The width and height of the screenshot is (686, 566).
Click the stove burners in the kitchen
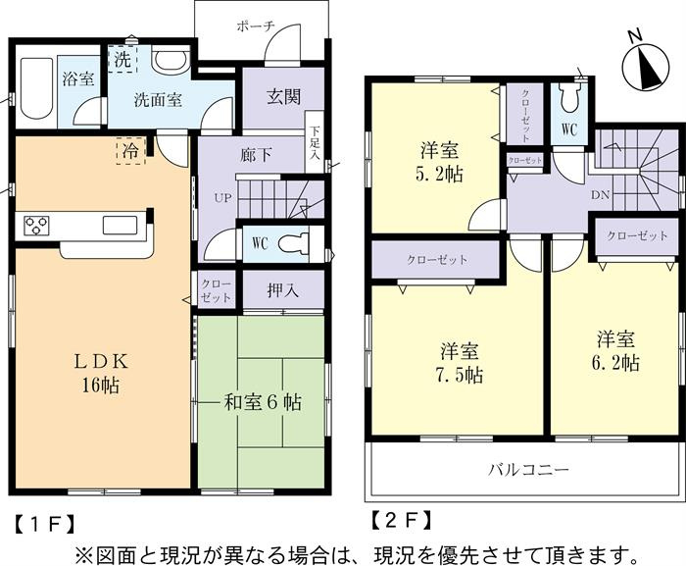pyautogui.click(x=37, y=226)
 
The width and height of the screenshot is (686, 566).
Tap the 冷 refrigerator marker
pyautogui.click(x=130, y=151)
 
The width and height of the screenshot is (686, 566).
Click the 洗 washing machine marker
pyautogui.click(x=122, y=60)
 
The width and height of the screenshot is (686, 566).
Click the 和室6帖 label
pyautogui.click(x=263, y=401)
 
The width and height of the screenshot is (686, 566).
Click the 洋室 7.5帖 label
pyautogui.click(x=459, y=363)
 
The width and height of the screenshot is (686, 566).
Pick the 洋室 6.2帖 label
pyautogui.click(x=617, y=352)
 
